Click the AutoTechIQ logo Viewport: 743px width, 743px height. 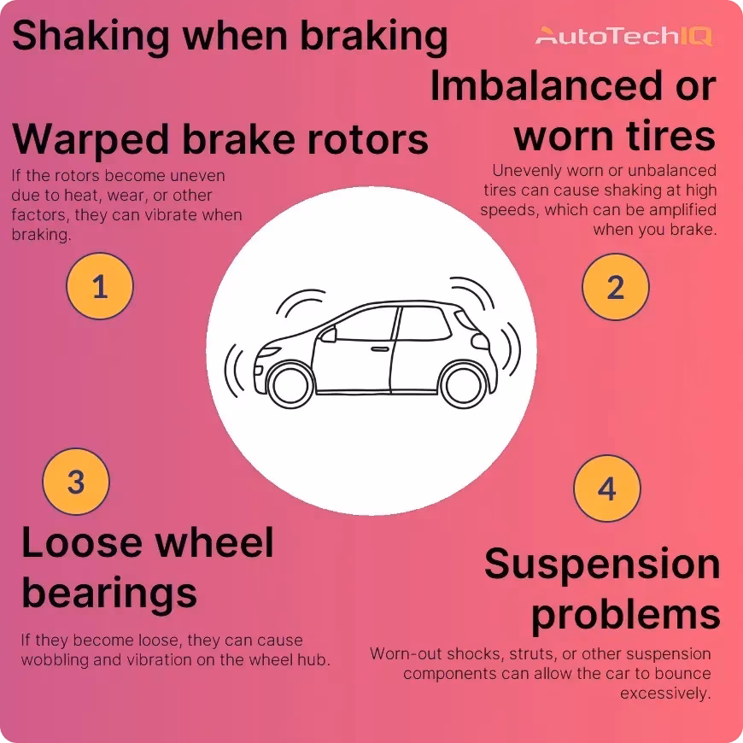tap(623, 36)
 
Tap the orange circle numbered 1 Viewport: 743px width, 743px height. tap(100, 286)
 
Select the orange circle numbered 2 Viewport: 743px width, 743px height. tap(615, 287)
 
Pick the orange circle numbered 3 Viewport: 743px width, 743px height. tap(76, 482)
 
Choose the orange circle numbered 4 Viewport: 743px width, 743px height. tap(606, 489)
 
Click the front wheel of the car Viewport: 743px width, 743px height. tap(290, 382)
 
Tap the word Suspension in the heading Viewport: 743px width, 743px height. tap(602, 565)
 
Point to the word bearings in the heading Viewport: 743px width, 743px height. tap(109, 592)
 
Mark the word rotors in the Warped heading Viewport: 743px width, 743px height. tap(369, 139)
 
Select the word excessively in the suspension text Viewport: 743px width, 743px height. tap(665, 693)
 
